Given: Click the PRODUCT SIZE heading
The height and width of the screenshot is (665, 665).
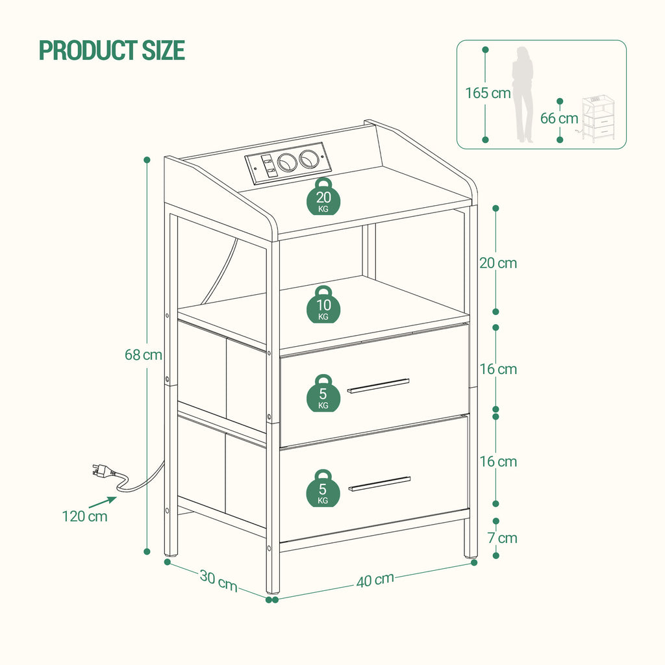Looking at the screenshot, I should [112, 50].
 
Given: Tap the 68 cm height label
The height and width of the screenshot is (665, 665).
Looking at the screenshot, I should [144, 355].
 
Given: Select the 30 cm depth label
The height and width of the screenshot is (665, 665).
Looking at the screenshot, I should [218, 579].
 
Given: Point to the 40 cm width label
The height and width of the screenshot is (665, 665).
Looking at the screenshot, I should [375, 579].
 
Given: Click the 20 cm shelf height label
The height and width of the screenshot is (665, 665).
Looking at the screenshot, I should [498, 263].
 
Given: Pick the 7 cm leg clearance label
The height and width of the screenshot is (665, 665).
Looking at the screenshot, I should [503, 538].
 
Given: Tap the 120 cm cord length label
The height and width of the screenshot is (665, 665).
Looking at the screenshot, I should [84, 517].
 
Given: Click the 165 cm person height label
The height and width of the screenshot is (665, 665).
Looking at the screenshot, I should [488, 93].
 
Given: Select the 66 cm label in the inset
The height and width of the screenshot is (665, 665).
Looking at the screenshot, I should [558, 118].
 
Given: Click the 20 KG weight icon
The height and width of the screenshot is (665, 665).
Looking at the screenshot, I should [323, 199].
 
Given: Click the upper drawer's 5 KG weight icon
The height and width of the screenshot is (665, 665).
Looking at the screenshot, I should [323, 394].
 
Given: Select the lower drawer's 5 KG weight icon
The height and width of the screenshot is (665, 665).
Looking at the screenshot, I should [323, 489].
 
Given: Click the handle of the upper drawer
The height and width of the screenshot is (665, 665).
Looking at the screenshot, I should [379, 386].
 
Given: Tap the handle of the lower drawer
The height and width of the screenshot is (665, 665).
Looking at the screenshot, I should [379, 483].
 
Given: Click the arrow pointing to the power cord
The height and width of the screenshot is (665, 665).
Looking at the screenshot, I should [102, 501].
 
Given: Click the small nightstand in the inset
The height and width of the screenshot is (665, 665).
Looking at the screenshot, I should [597, 118].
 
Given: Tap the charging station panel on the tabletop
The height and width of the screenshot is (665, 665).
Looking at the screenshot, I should [284, 162].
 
